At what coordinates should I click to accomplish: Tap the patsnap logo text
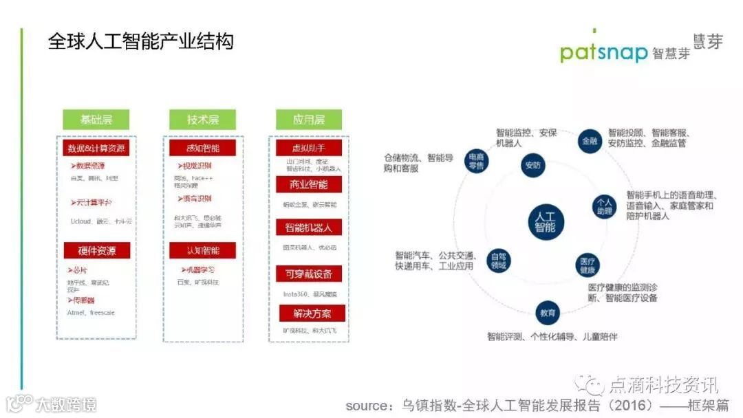[x=603, y=52]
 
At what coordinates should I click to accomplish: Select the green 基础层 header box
[x=96, y=120]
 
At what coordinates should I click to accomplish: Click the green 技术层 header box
[x=202, y=120]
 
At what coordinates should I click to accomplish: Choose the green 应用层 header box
[x=308, y=120]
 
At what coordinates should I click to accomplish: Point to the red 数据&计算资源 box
[x=97, y=148]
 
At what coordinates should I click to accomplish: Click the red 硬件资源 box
[x=97, y=250]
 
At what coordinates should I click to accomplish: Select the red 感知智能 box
[x=203, y=148]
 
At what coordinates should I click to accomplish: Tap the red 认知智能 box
[x=203, y=250]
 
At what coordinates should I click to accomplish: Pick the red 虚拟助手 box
[x=309, y=148]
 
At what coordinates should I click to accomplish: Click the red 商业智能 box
[x=309, y=184]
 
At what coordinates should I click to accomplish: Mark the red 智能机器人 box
[x=309, y=227]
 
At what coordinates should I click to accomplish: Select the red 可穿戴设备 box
[x=309, y=274]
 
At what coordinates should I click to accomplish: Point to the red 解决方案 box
[x=312, y=313]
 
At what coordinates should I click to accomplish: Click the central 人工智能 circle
[x=546, y=220]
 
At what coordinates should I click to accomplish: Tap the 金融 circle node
[x=590, y=140]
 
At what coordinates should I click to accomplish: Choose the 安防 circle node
[x=532, y=165]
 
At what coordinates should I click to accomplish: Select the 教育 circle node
[x=548, y=313]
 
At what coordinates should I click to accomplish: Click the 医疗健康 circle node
[x=588, y=265]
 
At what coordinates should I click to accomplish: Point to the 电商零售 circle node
[x=476, y=159]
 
